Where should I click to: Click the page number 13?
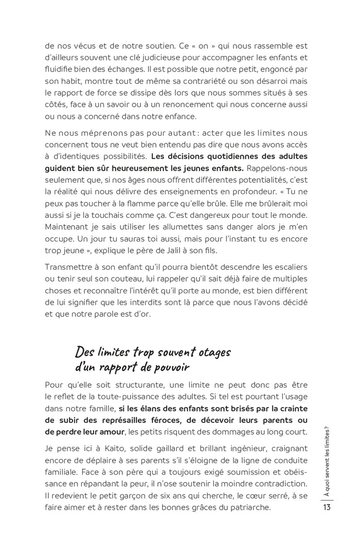pos(327,507)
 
